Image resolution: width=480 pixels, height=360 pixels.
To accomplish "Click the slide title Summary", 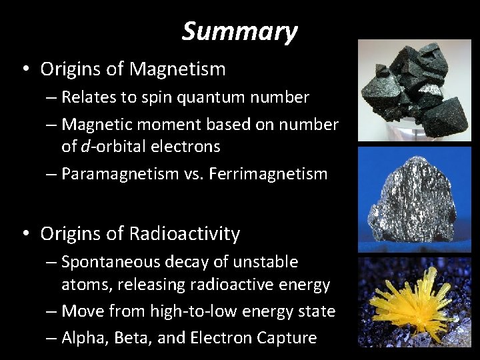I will pyautogui.click(x=240, y=31).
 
